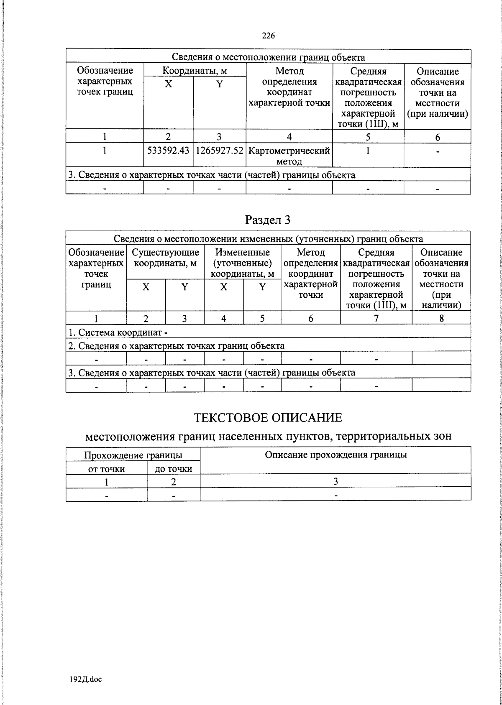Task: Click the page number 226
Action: pyautogui.click(x=268, y=36)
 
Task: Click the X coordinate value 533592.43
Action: pyautogui.click(x=168, y=151)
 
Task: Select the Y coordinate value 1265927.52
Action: pyautogui.click(x=219, y=151)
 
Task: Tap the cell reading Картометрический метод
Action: pyautogui.click(x=289, y=156)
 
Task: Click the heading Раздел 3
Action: pyautogui.click(x=268, y=220)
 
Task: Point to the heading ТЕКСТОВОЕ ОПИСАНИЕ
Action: pyautogui.click(x=268, y=417)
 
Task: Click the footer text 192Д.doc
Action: pyautogui.click(x=86, y=679)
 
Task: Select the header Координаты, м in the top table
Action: pyautogui.click(x=195, y=71)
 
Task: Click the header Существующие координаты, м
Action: pyautogui.click(x=165, y=258)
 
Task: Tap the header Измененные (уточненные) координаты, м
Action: pyautogui.click(x=243, y=263)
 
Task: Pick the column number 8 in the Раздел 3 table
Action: pyautogui.click(x=441, y=318)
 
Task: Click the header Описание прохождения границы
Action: pyautogui.click(x=336, y=455)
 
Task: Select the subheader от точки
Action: pyautogui.click(x=106, y=469)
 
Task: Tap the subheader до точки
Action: pyautogui.click(x=174, y=469)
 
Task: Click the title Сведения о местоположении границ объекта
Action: pyautogui.click(x=268, y=57)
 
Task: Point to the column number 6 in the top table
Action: pyautogui.click(x=438, y=137)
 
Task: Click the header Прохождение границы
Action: pyautogui.click(x=133, y=455)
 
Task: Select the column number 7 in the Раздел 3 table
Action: pyautogui.click(x=376, y=318)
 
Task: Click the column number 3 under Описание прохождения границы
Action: pyautogui.click(x=336, y=481)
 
